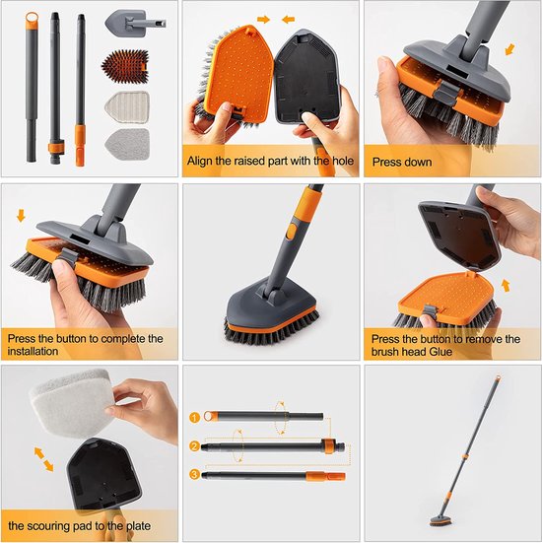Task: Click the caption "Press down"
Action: point(403,161)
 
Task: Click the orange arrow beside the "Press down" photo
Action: point(509,48)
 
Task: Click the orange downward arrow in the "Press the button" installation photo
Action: point(22,215)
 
